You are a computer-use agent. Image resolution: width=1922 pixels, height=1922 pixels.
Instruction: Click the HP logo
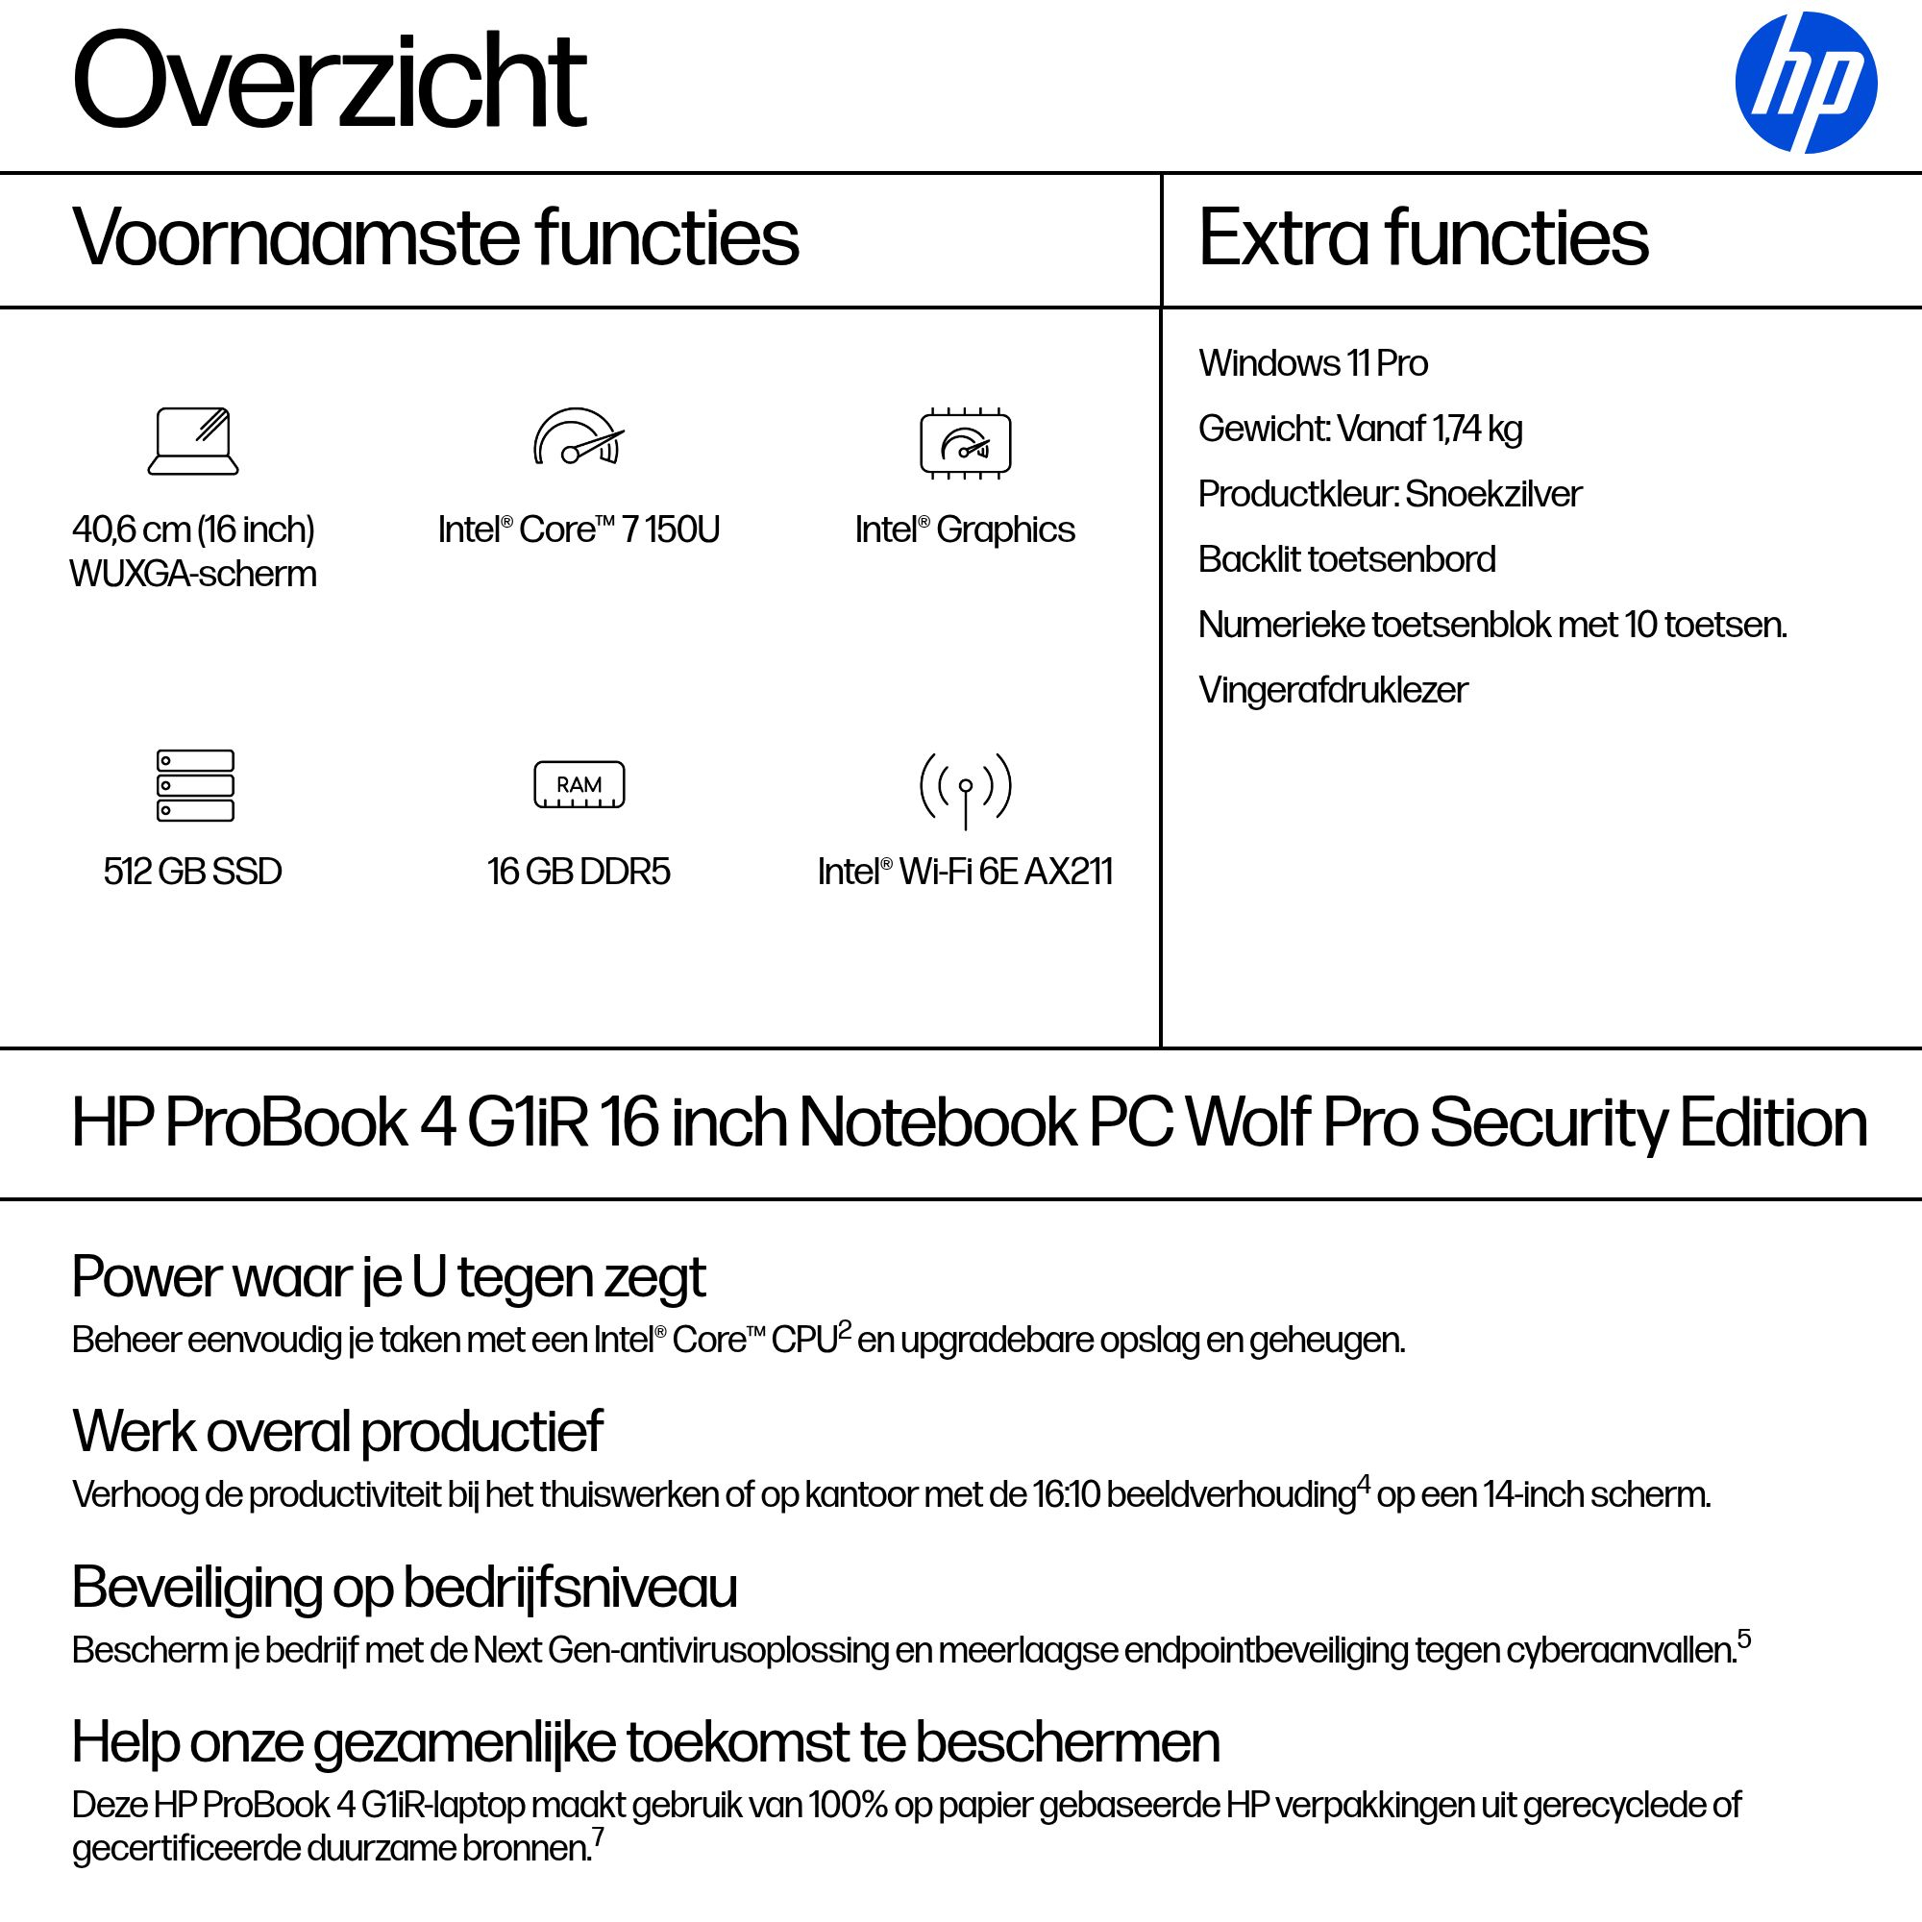click(1805, 83)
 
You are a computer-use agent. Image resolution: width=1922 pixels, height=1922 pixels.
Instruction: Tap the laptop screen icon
click(193, 441)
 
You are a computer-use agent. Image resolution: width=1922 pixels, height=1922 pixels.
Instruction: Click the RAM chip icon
click(579, 785)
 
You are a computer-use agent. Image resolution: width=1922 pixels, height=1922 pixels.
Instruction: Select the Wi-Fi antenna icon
click(965, 790)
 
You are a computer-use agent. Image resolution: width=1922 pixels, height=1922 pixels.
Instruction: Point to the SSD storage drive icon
click(195, 785)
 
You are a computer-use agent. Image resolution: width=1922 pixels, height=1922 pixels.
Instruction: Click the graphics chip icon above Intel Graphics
click(965, 443)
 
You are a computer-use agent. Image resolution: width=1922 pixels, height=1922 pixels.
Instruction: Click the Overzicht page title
click(329, 82)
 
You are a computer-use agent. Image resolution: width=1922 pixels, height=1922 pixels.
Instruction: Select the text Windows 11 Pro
click(1312, 363)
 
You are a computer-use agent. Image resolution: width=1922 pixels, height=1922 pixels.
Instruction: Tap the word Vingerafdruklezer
click(1332, 689)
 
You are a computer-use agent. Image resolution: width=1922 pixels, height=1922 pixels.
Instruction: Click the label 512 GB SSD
click(193, 872)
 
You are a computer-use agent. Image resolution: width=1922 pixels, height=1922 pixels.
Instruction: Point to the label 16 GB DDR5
click(579, 872)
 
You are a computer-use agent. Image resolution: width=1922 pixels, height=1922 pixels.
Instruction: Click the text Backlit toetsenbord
click(1346, 559)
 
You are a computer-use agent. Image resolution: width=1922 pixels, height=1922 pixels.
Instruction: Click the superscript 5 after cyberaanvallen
click(1744, 1638)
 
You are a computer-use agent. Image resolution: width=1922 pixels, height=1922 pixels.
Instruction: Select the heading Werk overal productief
click(337, 1432)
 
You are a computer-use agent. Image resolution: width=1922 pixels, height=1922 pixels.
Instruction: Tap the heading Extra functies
click(1422, 237)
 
